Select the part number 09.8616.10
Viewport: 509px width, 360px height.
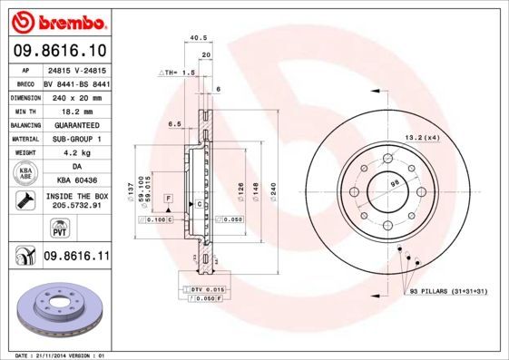(59, 50)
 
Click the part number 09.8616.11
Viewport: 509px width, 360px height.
(76, 258)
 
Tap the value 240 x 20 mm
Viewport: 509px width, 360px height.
(76, 95)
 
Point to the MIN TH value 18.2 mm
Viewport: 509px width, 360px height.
(76, 110)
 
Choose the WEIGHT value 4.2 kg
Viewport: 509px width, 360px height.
(76, 153)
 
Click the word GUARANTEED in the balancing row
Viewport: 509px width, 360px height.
(76, 124)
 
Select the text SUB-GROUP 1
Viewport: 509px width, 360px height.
(76, 139)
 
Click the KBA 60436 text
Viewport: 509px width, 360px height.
(76, 180)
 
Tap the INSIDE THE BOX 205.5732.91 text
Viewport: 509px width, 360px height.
(76, 201)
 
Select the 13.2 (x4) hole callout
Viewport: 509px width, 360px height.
(421, 137)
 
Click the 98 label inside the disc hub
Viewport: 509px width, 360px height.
(395, 183)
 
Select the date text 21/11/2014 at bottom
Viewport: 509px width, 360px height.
(56, 355)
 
